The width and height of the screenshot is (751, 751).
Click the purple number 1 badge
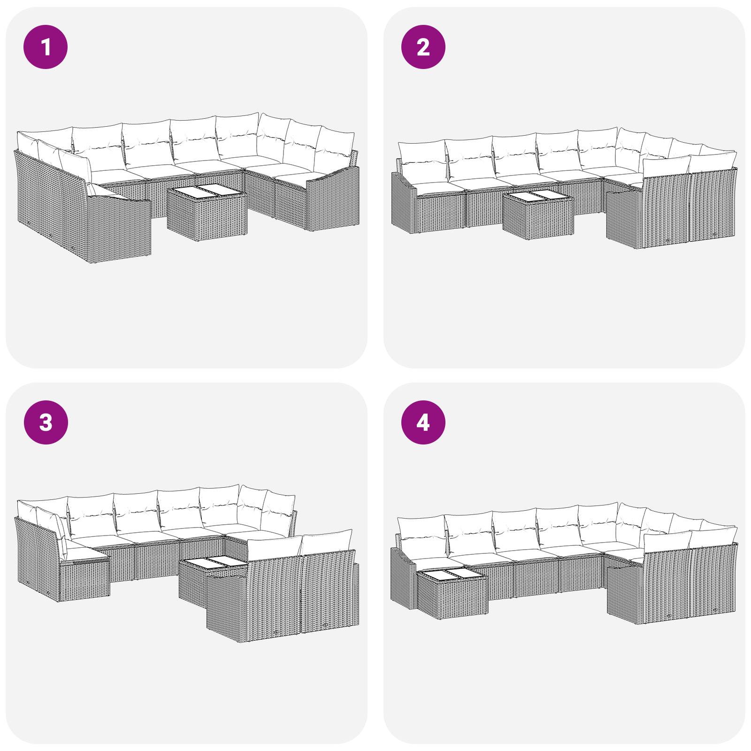click(x=46, y=47)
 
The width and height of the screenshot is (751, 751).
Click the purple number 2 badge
click(x=423, y=47)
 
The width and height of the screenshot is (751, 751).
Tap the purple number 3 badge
click(x=46, y=422)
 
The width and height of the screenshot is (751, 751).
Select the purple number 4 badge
click(x=423, y=422)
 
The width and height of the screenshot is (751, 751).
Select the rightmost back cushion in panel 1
click(x=334, y=149)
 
